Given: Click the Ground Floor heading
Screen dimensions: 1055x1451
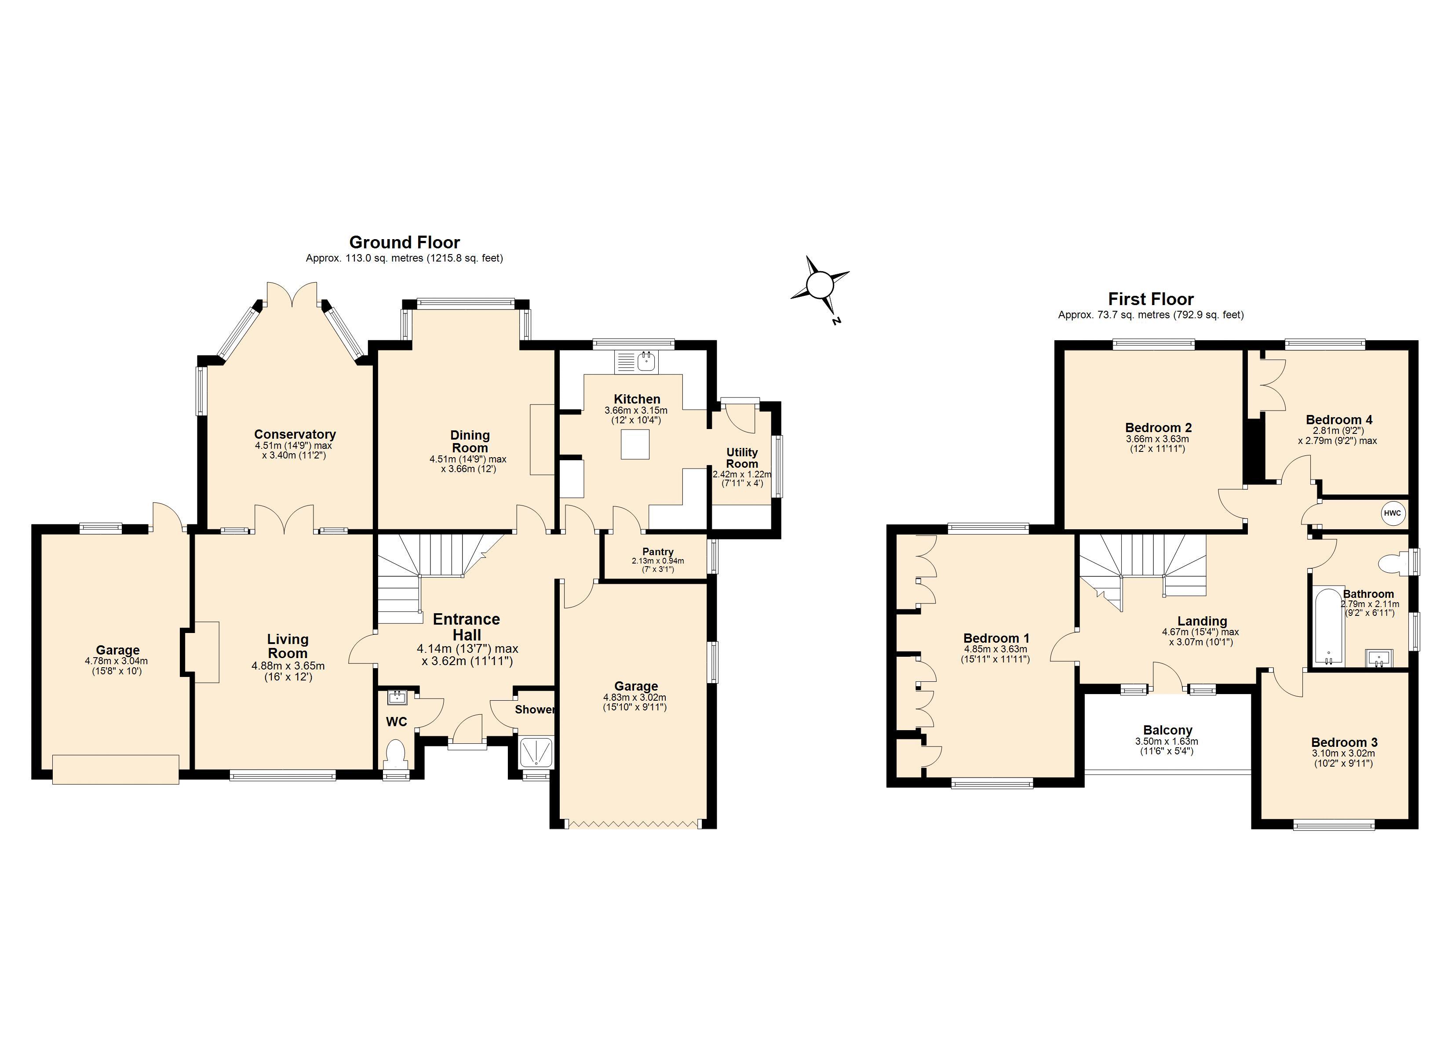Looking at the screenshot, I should point(405,243).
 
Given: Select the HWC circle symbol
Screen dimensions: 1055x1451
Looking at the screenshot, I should point(1392,513).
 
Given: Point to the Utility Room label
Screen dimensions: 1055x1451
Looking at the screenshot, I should point(741,458).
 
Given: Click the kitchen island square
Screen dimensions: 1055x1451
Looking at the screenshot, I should point(635,445).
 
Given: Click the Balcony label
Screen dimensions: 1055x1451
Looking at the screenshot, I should point(1167,730).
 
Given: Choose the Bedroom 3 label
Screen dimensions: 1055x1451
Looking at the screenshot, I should point(1344,742).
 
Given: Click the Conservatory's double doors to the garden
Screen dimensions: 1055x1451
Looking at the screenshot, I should point(292,295).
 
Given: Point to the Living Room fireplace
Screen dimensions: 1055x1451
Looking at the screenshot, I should point(205,652).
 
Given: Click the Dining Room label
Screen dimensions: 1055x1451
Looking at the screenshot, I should point(470,441).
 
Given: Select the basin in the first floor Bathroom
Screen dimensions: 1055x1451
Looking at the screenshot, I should point(1379,658).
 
